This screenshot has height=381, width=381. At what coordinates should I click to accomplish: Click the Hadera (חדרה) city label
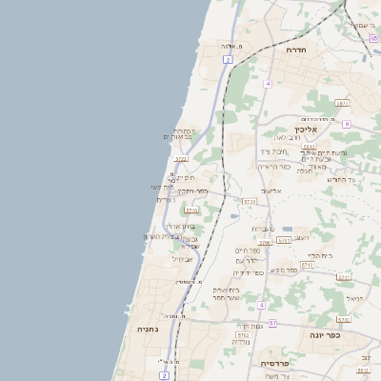click(294, 49)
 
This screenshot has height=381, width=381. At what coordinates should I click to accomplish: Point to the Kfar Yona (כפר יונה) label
click(325, 335)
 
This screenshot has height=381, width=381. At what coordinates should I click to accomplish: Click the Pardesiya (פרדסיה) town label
click(281, 363)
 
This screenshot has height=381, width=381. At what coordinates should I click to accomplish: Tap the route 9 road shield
click(347, 124)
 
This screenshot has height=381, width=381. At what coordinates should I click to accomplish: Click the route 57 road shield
click(272, 323)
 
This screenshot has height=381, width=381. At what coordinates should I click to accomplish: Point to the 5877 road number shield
click(342, 102)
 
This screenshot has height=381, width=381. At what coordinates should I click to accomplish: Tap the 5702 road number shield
click(243, 334)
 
